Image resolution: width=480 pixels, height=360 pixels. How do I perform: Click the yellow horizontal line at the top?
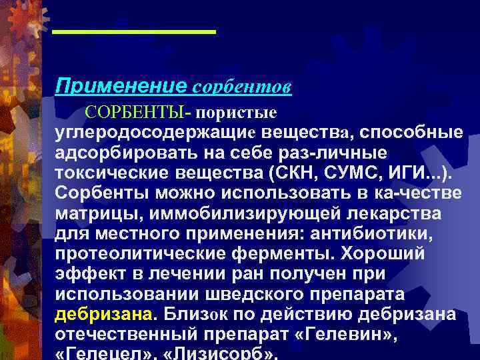coord(134,31)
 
